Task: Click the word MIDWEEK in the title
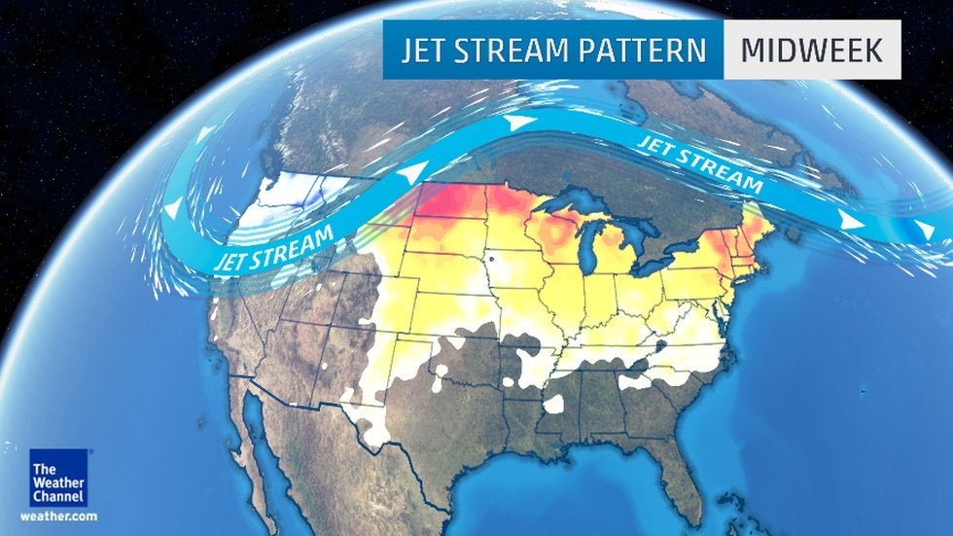click(811, 49)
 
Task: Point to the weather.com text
click(58, 516)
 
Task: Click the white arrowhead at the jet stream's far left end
click(173, 208)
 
